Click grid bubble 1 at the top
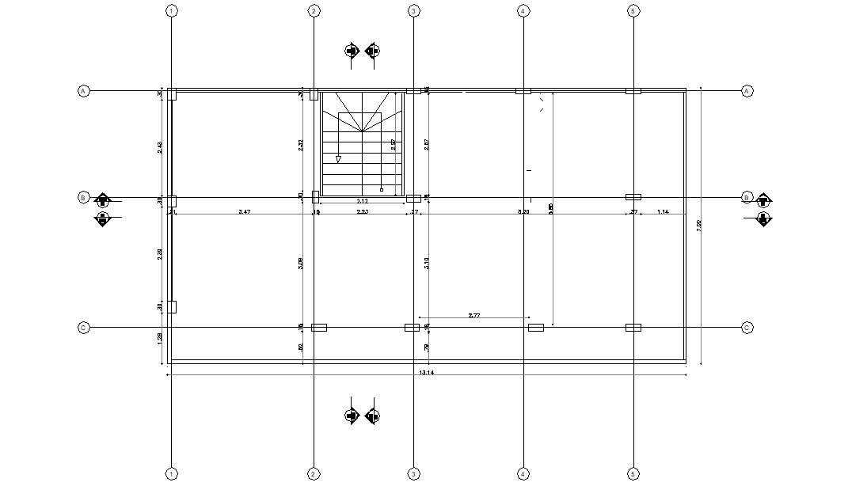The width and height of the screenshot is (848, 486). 171,11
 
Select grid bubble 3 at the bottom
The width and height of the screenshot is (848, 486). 413,474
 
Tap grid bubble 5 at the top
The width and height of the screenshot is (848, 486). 633,11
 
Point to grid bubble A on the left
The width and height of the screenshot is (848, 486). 83,91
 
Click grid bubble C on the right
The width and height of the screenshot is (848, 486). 747,328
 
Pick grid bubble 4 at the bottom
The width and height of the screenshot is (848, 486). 523,474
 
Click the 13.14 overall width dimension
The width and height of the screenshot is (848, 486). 426,372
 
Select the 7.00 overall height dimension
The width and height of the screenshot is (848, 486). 698,226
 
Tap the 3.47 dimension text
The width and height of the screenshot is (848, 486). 244,212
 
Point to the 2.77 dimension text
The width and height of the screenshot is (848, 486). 474,315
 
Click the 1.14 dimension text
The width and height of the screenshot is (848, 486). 663,212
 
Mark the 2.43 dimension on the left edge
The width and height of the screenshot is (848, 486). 160,147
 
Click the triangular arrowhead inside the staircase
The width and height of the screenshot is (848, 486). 338,159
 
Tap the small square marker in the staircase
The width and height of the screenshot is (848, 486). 381,190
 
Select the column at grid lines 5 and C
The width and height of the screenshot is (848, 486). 633,327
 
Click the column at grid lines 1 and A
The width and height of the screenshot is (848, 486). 172,93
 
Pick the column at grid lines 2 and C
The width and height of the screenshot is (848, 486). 319,327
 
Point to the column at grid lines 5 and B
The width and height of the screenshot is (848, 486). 633,196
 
